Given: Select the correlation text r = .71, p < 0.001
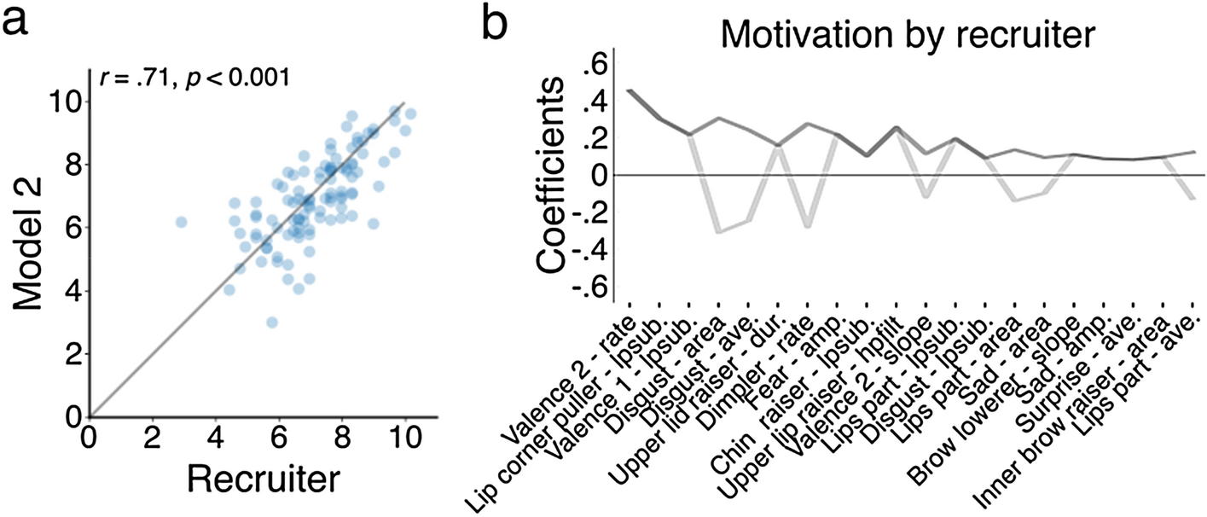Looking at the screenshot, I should coord(194,78).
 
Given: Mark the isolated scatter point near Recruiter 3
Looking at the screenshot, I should coord(181,222).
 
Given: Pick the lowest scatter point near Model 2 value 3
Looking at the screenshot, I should coord(271,322).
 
